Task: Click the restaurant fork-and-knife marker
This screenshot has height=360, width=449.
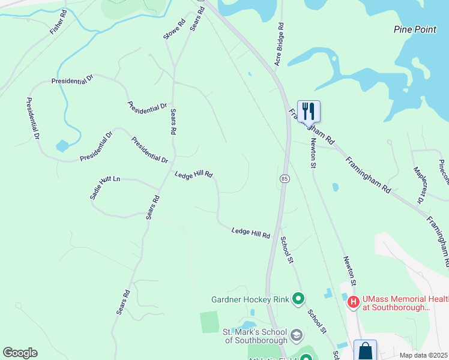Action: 309,111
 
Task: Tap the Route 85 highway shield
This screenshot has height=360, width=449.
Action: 285,179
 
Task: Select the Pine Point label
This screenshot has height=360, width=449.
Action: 415,29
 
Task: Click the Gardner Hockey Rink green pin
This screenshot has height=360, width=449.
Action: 298,298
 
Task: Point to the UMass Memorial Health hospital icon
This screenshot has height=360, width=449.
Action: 354,302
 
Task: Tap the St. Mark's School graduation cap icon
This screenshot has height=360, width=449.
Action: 296,334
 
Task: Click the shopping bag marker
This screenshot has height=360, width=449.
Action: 365,351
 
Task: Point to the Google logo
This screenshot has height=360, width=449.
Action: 20,353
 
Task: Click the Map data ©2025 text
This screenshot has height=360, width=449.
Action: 423,355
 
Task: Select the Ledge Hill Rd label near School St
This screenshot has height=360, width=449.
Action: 251,232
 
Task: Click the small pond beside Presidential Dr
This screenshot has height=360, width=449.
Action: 62,146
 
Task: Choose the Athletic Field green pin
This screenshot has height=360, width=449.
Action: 306,358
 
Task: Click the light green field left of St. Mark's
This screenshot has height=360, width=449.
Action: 209,322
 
